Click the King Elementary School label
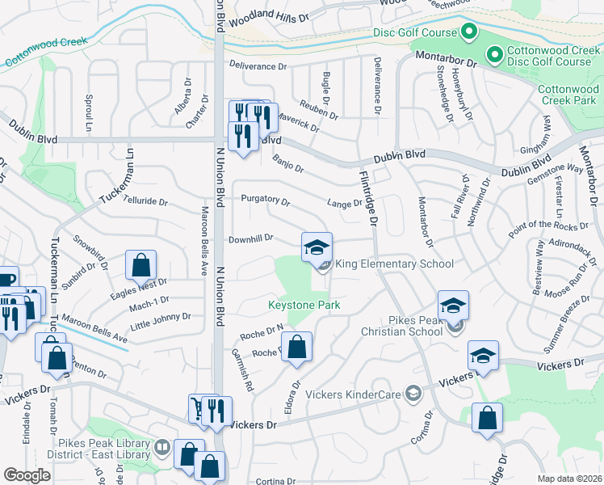394,264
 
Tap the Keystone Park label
304,306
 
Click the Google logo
27,475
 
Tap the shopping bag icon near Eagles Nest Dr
141,265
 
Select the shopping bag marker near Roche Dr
297,348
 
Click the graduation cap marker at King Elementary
317,247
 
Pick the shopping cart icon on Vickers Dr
198,409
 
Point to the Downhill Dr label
253,238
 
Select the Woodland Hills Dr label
269,19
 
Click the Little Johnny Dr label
161,321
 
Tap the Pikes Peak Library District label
103,449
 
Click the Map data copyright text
570,479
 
